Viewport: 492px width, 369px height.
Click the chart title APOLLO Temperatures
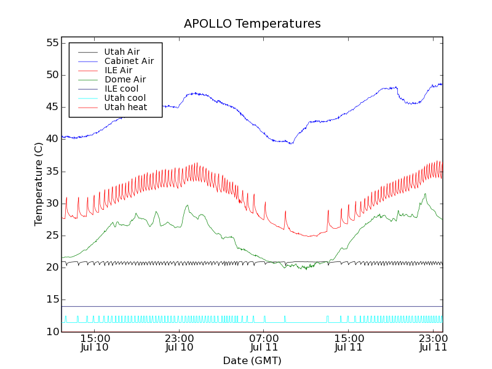(252, 24)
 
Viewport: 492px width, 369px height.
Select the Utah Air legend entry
(122, 52)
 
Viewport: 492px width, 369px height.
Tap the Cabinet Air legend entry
(129, 61)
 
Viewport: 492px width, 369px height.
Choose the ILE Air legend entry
(118, 70)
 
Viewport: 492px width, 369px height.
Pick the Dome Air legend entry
(125, 79)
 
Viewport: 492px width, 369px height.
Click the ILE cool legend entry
(121, 89)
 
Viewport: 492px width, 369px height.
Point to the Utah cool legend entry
(125, 98)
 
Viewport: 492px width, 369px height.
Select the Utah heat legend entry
(125, 107)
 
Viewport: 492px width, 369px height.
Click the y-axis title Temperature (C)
(39, 184)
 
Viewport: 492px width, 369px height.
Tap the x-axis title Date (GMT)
(252, 360)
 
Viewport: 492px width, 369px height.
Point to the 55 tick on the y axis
(51, 43)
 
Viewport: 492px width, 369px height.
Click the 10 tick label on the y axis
(51, 331)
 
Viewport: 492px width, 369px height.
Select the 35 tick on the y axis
(51, 171)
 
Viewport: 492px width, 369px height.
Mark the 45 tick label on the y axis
(51, 107)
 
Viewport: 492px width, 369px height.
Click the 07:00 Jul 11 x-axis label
(264, 342)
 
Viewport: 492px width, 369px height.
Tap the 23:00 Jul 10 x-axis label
(180, 342)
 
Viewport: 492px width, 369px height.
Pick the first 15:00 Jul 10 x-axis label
(95, 342)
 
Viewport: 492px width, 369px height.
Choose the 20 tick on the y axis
(51, 268)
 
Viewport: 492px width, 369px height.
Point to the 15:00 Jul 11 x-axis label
(349, 342)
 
